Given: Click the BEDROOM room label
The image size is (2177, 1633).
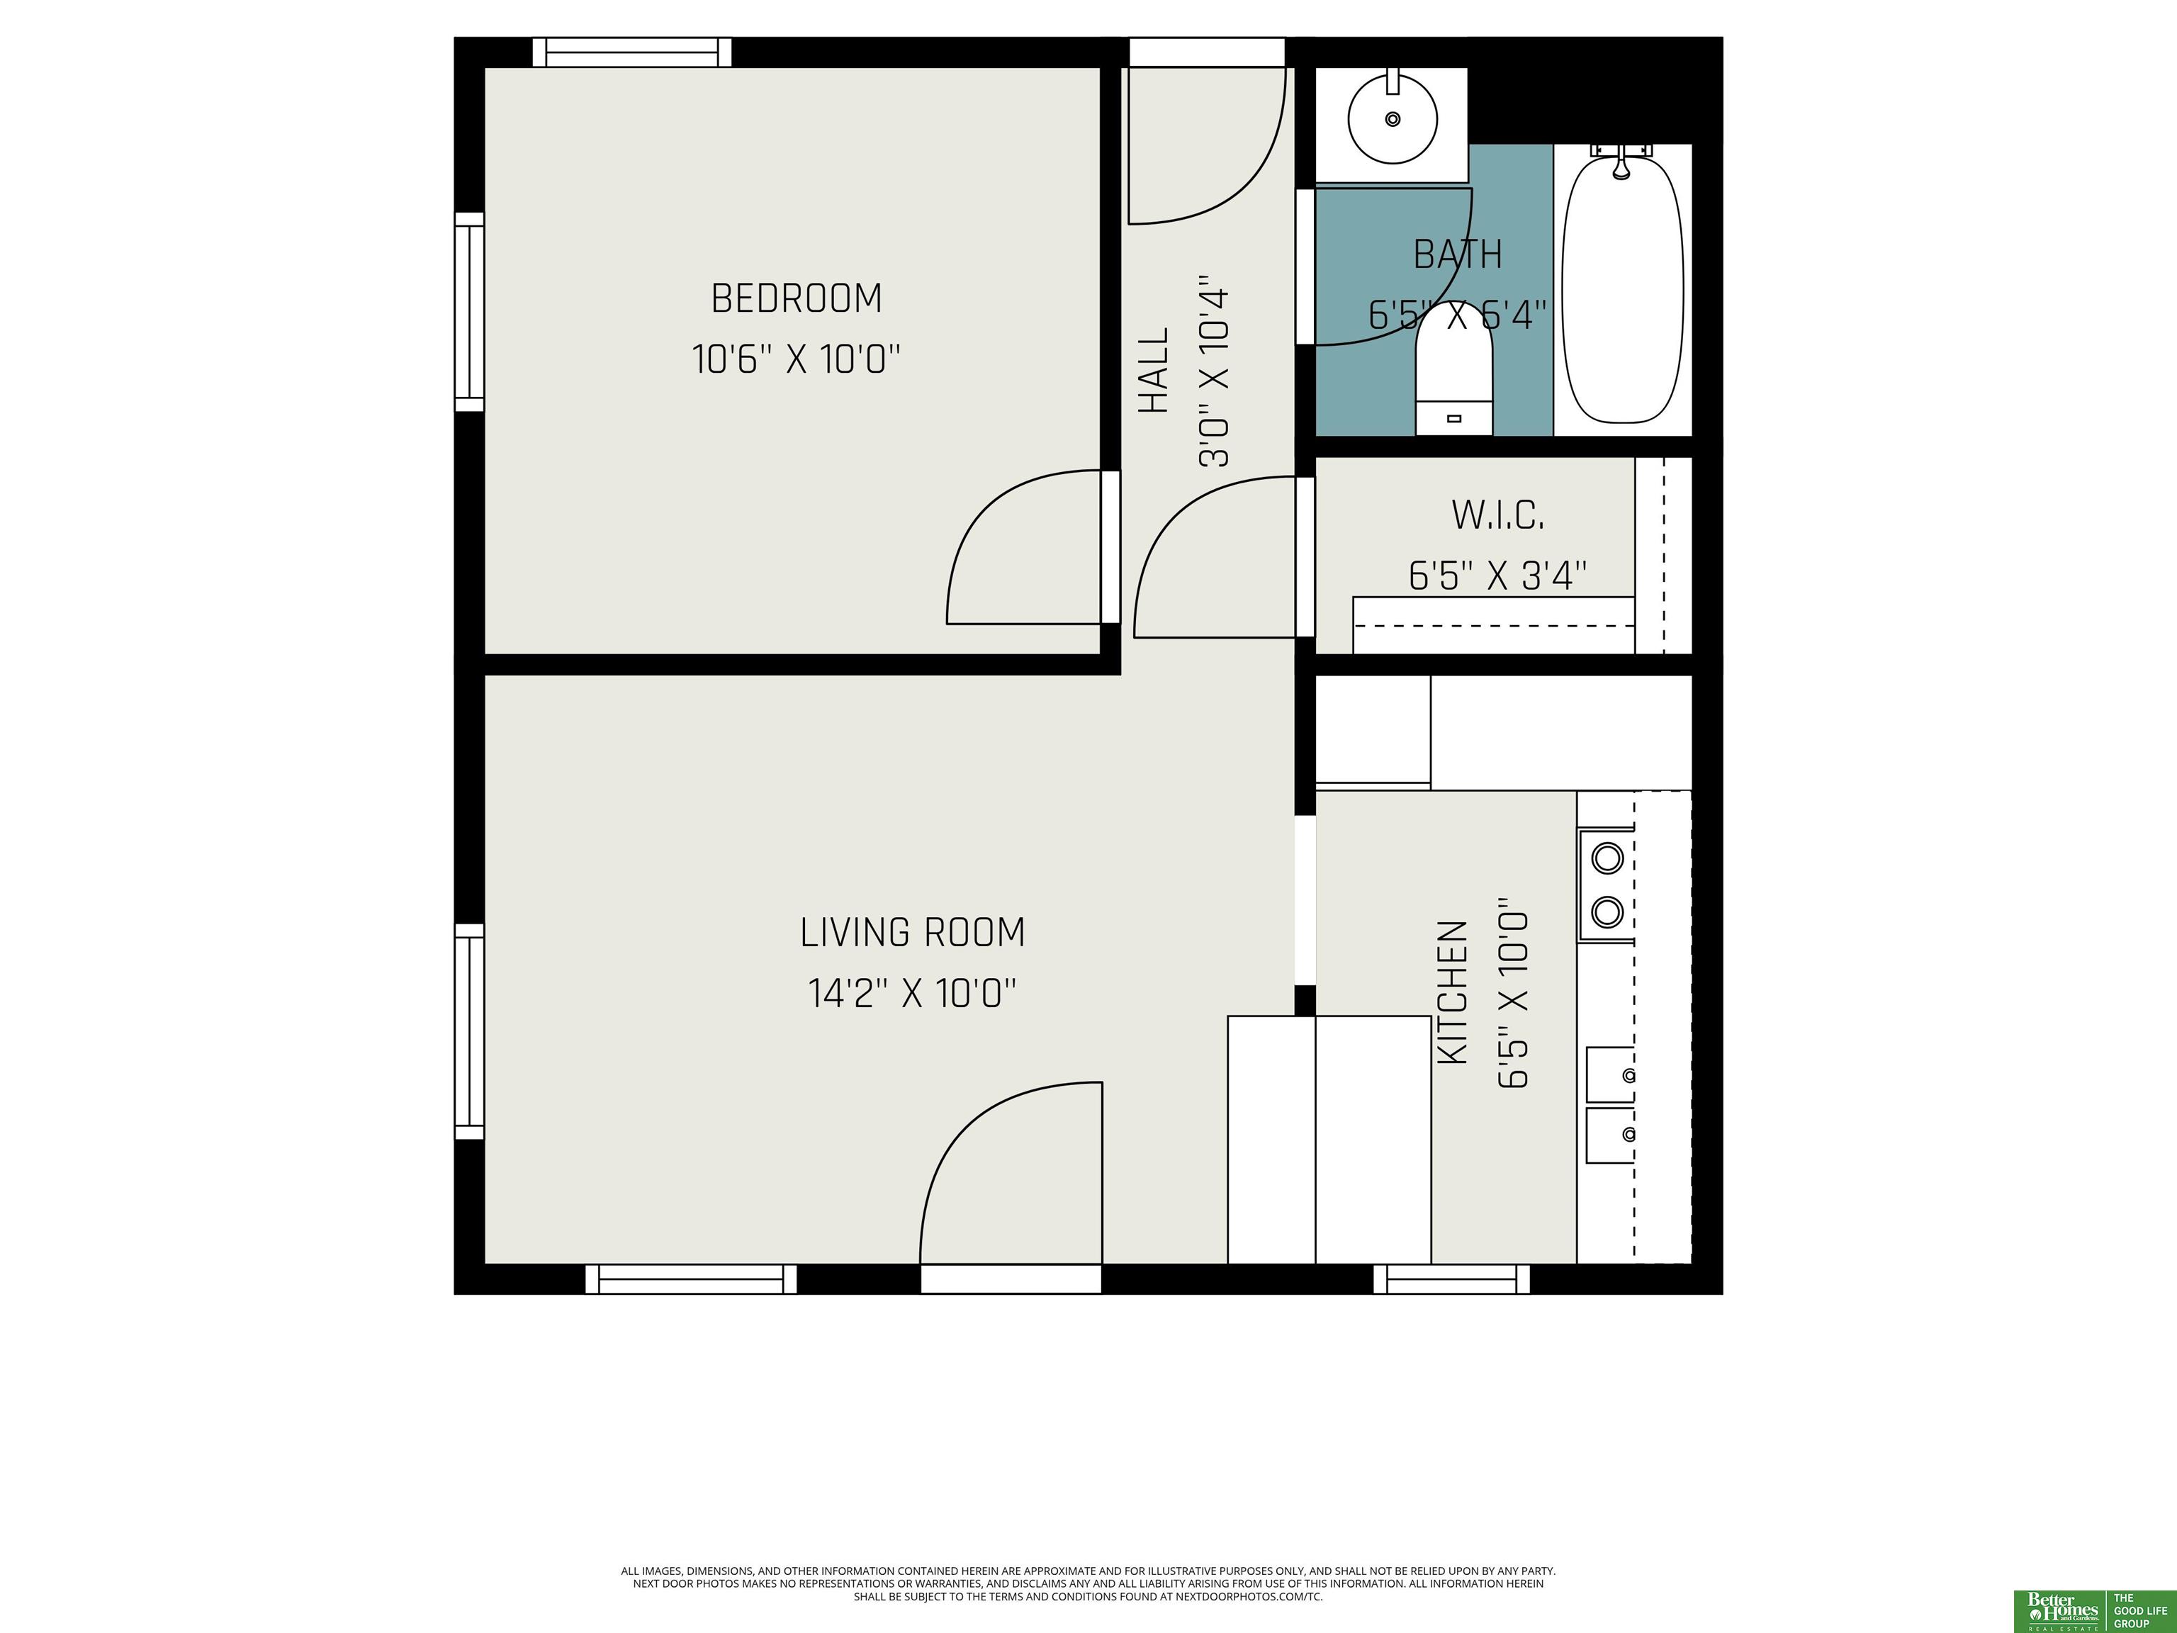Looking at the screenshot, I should (x=797, y=298).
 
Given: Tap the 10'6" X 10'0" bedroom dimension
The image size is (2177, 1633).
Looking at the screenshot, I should (x=797, y=359).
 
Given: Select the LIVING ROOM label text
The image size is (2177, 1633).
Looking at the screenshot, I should (x=912, y=932).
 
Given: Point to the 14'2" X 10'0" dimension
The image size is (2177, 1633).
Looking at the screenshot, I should (x=912, y=993).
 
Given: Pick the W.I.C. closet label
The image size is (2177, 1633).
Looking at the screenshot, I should (x=1498, y=515).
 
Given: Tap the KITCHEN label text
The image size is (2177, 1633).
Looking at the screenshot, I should (x=1453, y=992).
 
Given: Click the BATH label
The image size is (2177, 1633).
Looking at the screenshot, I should (x=1458, y=255).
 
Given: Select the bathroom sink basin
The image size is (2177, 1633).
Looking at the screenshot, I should (x=1392, y=119).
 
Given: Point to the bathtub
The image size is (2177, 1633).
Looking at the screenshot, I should (x=1622, y=291).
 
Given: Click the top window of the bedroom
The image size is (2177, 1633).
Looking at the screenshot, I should (x=632, y=52).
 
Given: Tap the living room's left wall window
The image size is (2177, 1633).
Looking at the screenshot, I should (x=469, y=1031).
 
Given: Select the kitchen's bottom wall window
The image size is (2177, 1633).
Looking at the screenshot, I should (x=1451, y=1279).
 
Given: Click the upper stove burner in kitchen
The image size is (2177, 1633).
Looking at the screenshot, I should (x=1607, y=858).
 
